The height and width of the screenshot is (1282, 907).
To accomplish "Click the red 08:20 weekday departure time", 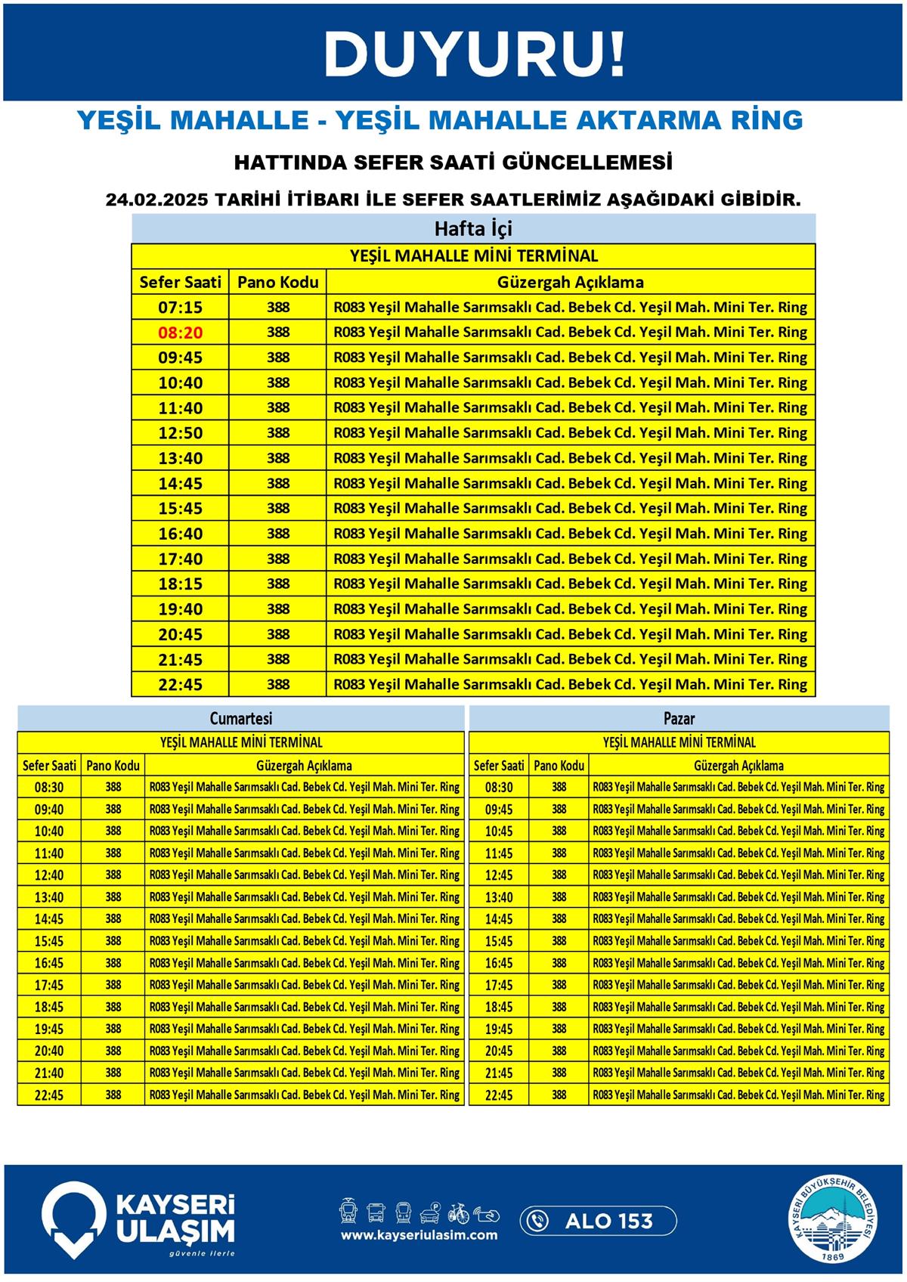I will pyautogui.click(x=180, y=333).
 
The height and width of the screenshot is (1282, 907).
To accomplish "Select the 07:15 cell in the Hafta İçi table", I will pyautogui.click(x=180, y=308).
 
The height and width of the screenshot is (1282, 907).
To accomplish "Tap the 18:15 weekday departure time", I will pyautogui.click(x=180, y=584).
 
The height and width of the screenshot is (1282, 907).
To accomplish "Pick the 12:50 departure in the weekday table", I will pyautogui.click(x=180, y=433).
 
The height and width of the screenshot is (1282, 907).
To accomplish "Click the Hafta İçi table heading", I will pyautogui.click(x=473, y=228).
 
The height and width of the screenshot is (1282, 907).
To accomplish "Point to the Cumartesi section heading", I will pyautogui.click(x=240, y=718).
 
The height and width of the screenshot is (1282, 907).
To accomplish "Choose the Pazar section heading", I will pyautogui.click(x=679, y=718).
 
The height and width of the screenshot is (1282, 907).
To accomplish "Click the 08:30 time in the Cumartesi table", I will pyautogui.click(x=49, y=788).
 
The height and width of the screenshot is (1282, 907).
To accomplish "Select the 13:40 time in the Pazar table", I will pyautogui.click(x=499, y=897).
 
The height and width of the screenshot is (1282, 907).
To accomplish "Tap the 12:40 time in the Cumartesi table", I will pyautogui.click(x=49, y=875).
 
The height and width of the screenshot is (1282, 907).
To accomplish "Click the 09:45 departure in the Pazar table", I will pyautogui.click(x=499, y=810).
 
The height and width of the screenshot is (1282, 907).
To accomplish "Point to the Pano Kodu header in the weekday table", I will pyautogui.click(x=277, y=283).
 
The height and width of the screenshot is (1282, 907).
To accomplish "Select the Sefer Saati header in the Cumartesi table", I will pyautogui.click(x=49, y=765).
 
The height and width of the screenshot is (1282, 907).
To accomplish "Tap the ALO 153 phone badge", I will pyautogui.click(x=598, y=1221).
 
